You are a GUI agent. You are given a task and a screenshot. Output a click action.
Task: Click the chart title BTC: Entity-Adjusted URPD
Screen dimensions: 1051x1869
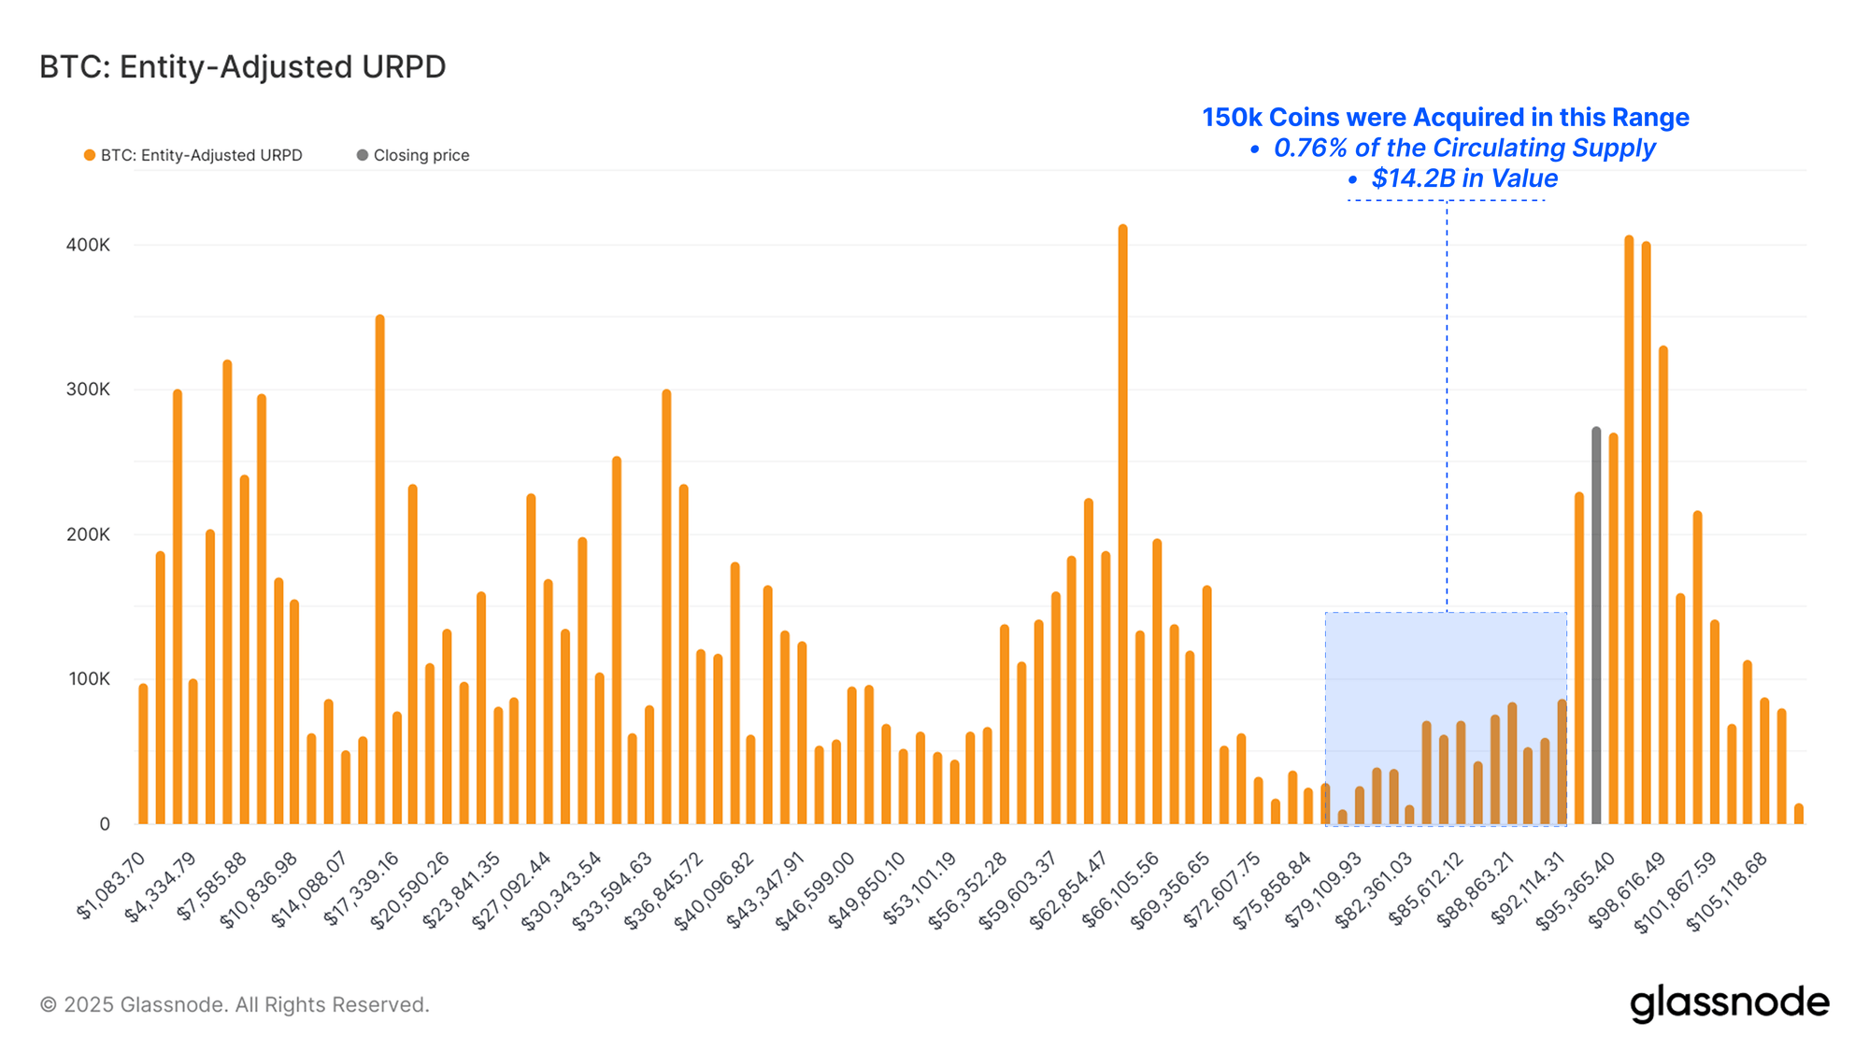[242, 67]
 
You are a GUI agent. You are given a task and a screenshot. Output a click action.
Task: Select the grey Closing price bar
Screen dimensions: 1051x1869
[1596, 626]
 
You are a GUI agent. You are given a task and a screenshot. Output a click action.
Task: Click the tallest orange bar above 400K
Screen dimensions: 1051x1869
[1122, 523]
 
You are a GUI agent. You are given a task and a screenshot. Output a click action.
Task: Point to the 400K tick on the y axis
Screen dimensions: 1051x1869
[88, 245]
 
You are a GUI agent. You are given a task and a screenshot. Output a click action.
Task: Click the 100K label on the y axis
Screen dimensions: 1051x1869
[88, 679]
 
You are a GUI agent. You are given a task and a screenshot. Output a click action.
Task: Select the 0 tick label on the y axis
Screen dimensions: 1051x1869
[104, 824]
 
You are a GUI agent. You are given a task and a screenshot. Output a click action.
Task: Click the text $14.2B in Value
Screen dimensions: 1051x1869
[1463, 178]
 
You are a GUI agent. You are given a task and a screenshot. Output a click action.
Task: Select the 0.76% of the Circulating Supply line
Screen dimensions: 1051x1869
[1463, 148]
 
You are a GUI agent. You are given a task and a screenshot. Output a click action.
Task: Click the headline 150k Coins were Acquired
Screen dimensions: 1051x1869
[1445, 118]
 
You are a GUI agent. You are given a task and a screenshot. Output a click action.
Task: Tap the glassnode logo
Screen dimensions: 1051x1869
[1729, 1003]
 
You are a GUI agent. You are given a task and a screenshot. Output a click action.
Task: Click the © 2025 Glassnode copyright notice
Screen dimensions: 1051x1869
[235, 1004]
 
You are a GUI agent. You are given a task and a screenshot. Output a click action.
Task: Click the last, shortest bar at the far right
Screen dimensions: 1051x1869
[1798, 814]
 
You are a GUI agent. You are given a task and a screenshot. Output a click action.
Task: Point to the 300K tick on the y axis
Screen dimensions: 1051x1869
[88, 390]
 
